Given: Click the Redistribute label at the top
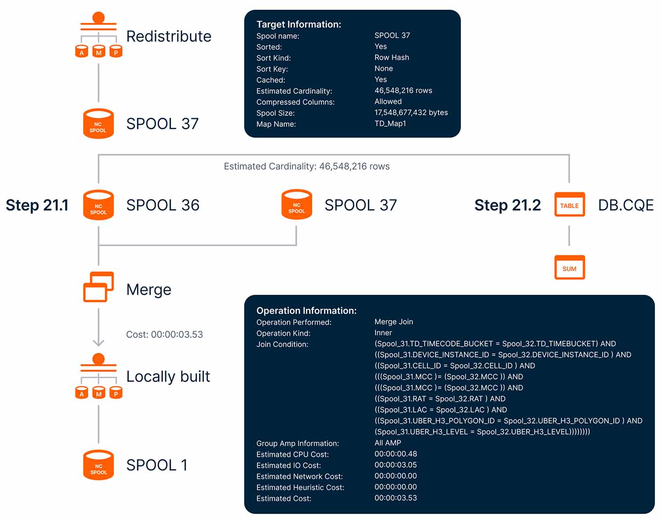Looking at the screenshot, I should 168,36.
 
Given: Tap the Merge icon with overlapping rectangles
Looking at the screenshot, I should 98,287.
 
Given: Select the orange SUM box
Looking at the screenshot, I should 569,267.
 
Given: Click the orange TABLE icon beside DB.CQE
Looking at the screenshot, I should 569,205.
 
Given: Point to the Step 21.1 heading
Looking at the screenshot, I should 37,205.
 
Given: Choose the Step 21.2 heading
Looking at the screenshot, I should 507,205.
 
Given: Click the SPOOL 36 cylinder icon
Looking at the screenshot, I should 98,205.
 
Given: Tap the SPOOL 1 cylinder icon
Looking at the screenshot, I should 98,465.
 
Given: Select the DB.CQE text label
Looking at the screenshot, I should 625,205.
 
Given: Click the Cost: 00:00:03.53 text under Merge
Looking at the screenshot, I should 164,334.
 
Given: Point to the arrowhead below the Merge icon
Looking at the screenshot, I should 98,342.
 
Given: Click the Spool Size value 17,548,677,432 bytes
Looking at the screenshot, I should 411,112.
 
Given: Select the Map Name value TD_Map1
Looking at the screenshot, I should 390,123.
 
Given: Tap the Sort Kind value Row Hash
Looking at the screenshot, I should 391,57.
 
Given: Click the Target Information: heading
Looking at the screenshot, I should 299,24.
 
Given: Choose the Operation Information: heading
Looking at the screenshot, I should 306,311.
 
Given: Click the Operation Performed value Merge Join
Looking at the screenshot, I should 394,322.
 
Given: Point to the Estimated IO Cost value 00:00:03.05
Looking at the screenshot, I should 395,465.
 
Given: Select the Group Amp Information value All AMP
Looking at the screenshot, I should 387,443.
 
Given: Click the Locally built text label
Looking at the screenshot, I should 168,377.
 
